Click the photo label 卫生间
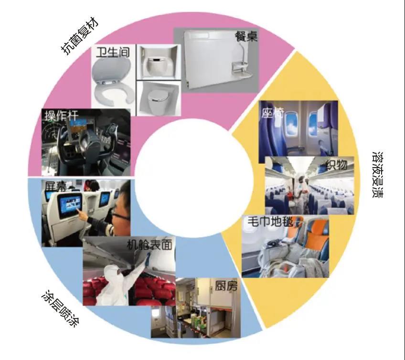click(x=113, y=52)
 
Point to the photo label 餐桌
click(x=246, y=36)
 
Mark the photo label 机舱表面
click(x=149, y=244)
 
